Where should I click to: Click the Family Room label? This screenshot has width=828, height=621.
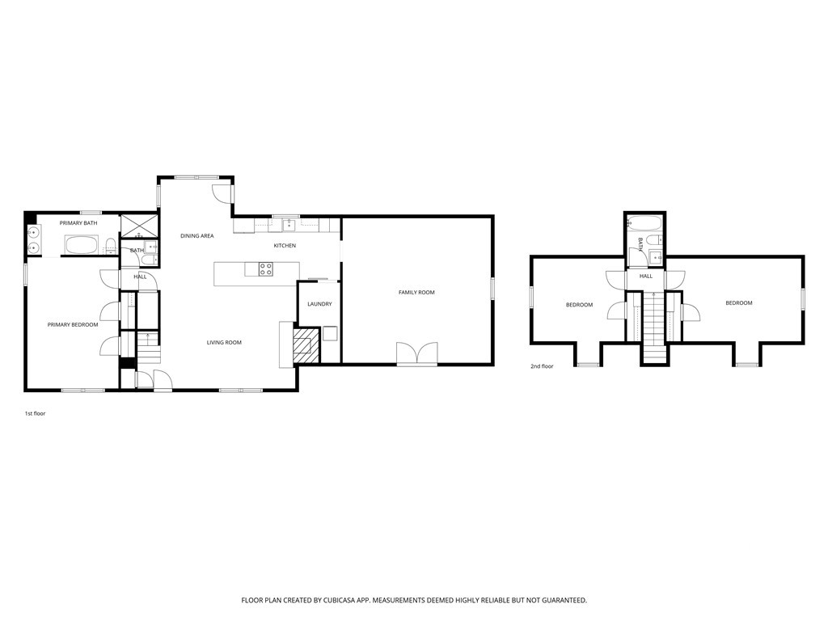click(x=416, y=292)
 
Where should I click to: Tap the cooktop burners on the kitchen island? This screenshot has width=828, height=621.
click(x=265, y=269)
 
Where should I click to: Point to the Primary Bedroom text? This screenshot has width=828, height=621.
click(x=73, y=325)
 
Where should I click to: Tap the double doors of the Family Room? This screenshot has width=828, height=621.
click(x=417, y=354)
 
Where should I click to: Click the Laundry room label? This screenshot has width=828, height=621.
click(x=319, y=304)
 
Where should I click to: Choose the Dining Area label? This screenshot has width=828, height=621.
click(x=196, y=235)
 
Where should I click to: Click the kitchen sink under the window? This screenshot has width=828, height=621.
click(x=287, y=225)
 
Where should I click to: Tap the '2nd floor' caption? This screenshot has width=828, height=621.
click(x=542, y=366)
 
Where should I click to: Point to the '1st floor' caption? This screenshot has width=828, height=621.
click(x=36, y=413)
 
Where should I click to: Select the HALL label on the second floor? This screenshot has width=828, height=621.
click(x=645, y=277)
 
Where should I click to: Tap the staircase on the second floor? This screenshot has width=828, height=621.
click(x=653, y=323)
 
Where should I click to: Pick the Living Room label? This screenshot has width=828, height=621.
click(x=224, y=343)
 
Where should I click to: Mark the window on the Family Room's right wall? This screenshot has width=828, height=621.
click(x=492, y=289)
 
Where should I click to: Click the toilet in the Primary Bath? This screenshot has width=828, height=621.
click(x=109, y=247)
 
